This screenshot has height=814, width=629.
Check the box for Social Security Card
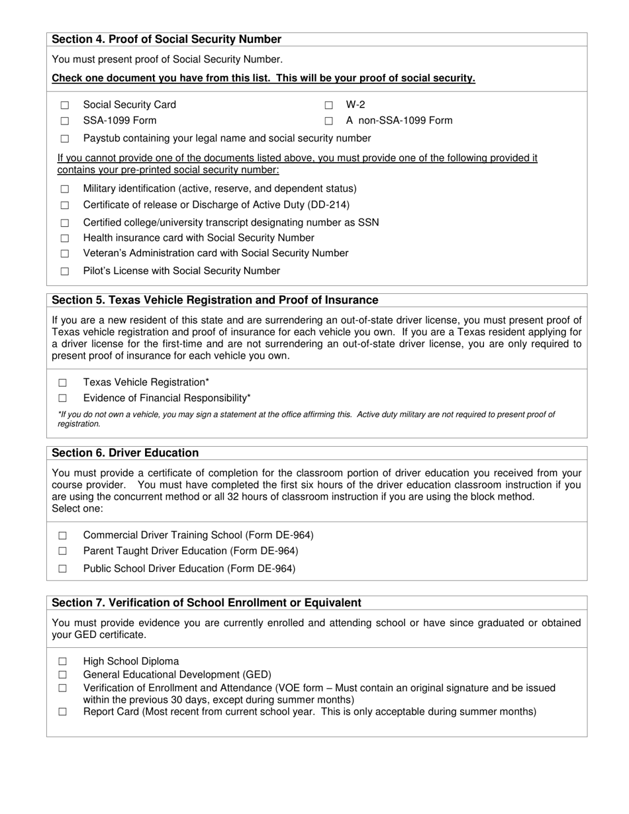(x=65, y=105)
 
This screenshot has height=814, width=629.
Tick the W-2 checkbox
(x=328, y=105)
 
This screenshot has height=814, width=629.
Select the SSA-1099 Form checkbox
(x=65, y=121)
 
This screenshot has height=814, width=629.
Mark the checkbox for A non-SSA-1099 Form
(x=328, y=121)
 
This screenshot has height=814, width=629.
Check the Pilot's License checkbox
(x=65, y=271)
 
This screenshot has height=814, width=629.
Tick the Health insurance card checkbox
(x=65, y=238)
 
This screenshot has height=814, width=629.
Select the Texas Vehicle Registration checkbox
(x=63, y=383)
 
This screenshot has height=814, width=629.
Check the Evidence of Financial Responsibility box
(x=63, y=398)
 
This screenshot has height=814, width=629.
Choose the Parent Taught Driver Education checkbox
(x=63, y=551)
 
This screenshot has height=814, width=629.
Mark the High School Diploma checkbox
(x=63, y=661)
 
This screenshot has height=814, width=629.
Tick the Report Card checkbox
(x=63, y=712)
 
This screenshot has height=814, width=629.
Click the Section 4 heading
(x=166, y=40)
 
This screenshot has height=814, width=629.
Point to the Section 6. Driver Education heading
(x=125, y=453)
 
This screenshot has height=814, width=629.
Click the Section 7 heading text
(x=207, y=603)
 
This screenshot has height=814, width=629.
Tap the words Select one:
(x=77, y=509)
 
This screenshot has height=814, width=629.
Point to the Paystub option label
(x=226, y=138)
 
